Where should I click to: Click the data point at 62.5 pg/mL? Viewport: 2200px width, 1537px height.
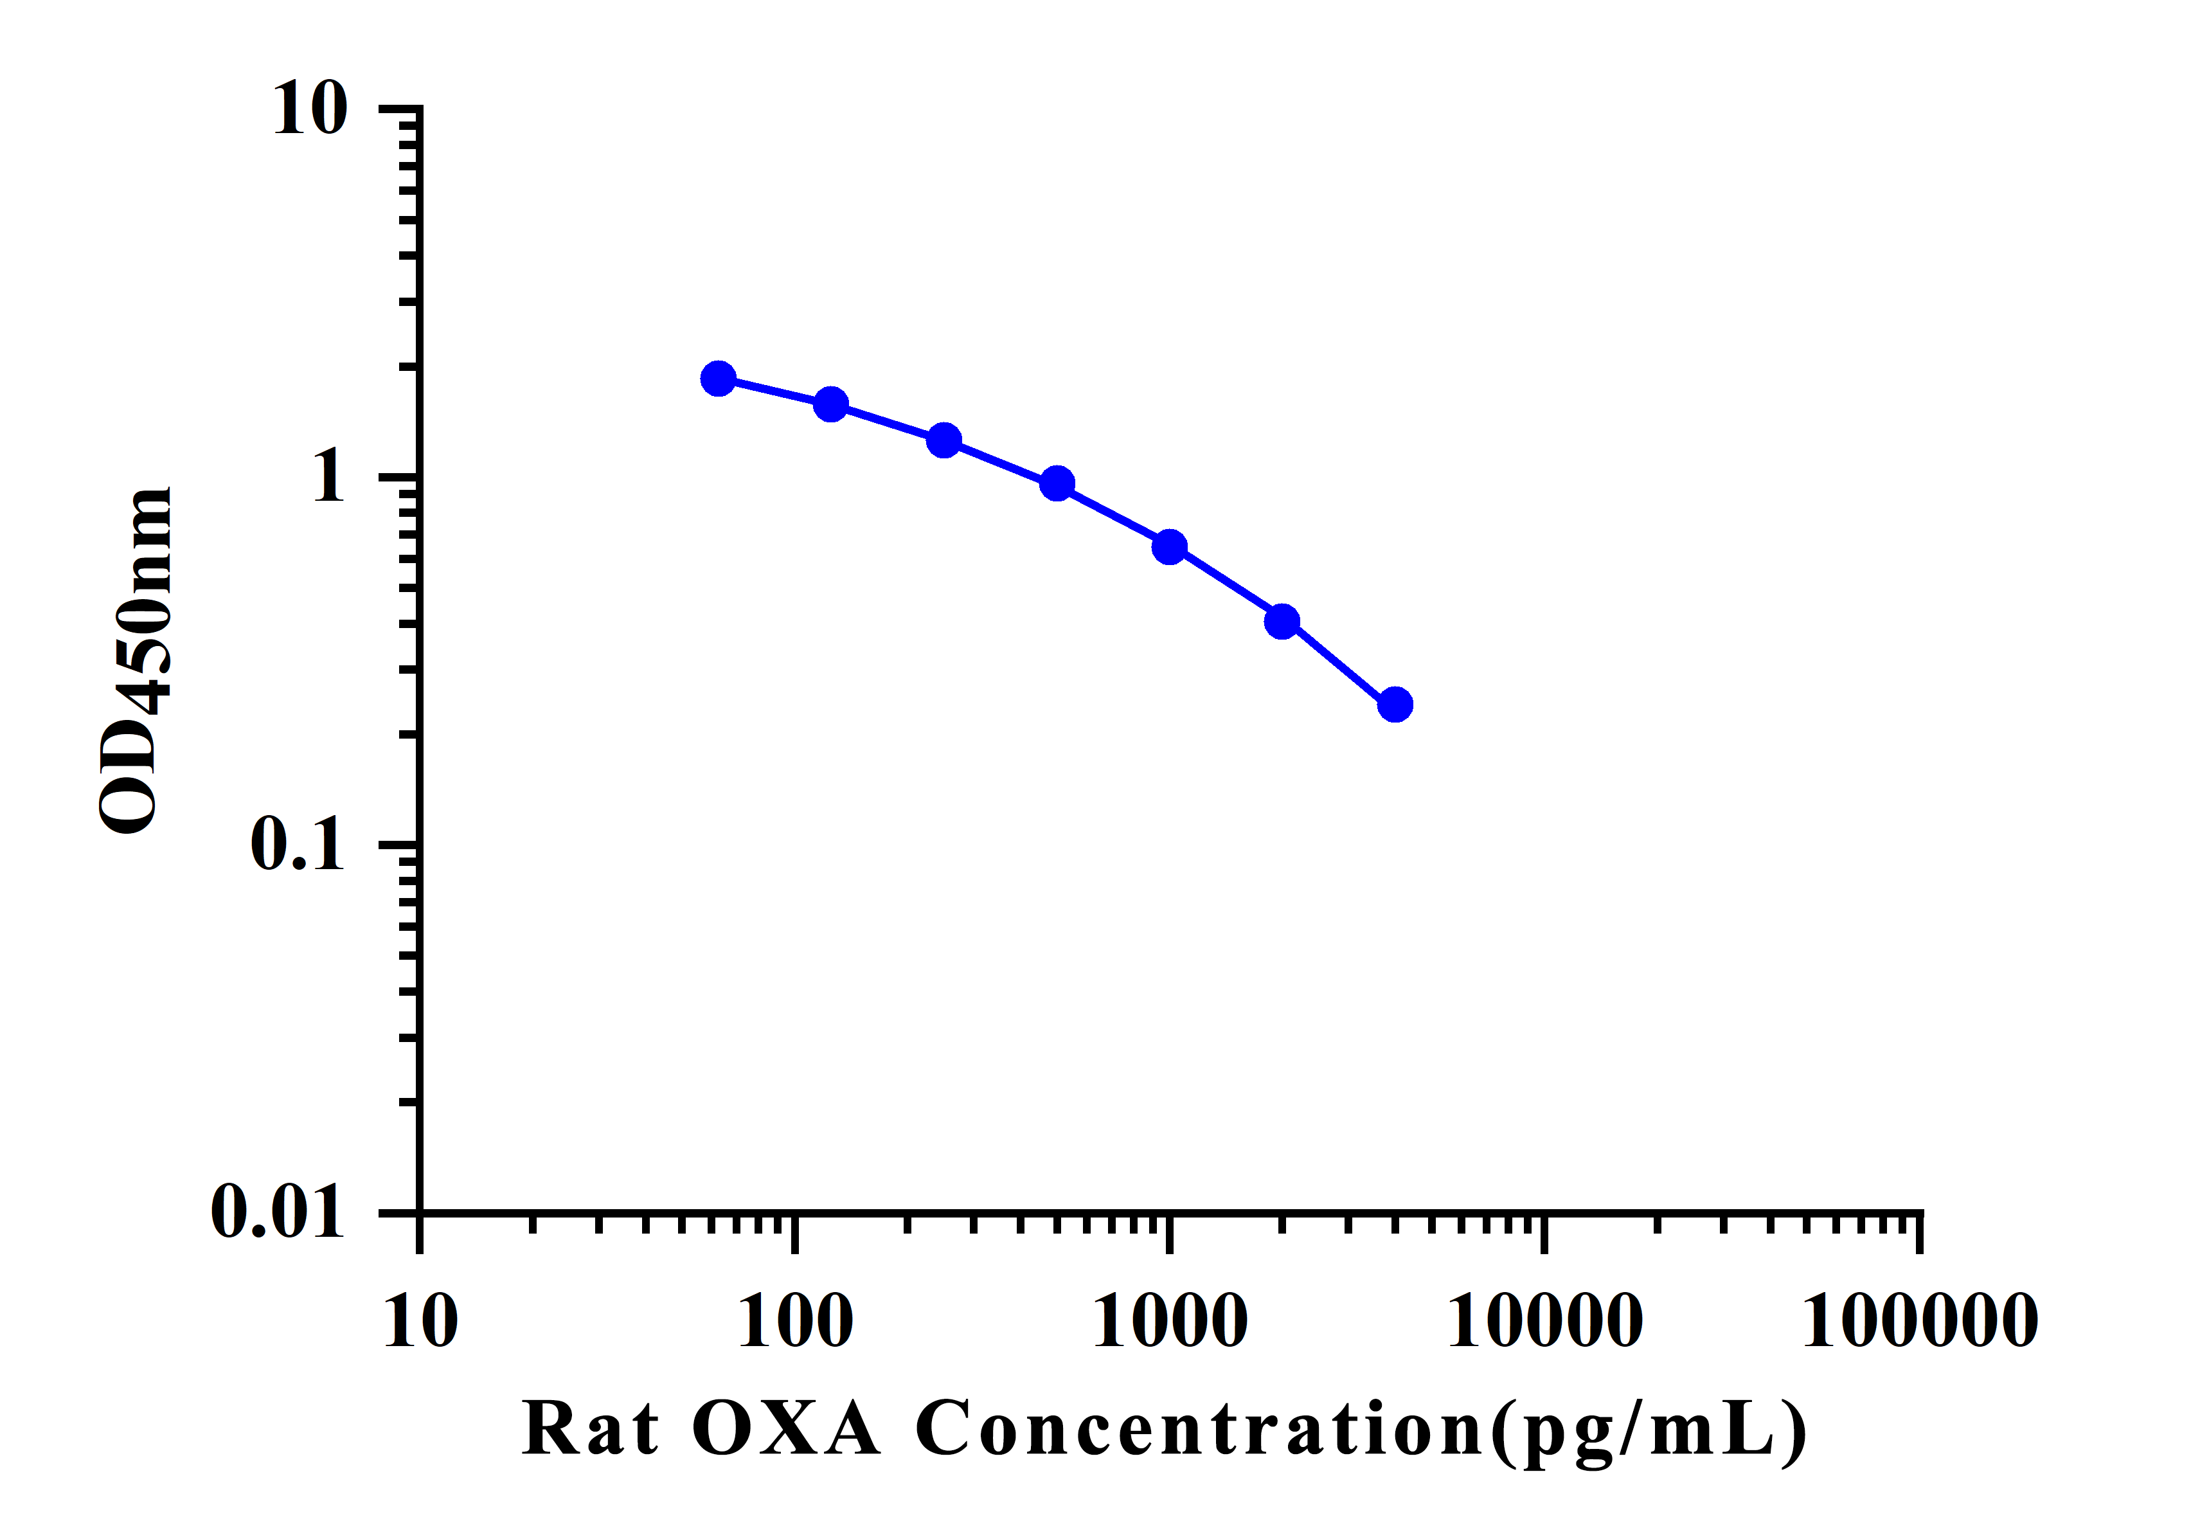(718, 379)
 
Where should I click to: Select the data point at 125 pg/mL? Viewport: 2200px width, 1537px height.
(831, 404)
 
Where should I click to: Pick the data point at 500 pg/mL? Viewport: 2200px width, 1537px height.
(1057, 484)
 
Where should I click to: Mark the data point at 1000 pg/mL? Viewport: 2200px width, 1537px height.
(1170, 547)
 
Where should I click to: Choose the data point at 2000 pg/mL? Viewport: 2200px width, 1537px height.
(1282, 622)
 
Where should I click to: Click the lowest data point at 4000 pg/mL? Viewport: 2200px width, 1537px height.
(1395, 705)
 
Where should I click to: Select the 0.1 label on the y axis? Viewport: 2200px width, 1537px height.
(297, 844)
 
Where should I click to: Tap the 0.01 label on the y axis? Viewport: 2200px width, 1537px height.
(277, 1212)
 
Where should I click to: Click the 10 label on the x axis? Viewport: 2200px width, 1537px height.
(420, 1322)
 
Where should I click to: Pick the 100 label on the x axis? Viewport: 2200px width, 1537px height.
(795, 1322)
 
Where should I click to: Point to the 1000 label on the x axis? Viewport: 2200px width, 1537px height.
(1170, 1322)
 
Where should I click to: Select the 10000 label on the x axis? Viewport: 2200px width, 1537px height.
(1544, 1322)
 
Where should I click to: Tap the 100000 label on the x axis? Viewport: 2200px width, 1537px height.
(1920, 1322)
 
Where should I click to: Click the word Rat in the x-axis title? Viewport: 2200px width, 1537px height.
(590, 1430)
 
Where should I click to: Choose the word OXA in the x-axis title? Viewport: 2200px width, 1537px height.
(785, 1430)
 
